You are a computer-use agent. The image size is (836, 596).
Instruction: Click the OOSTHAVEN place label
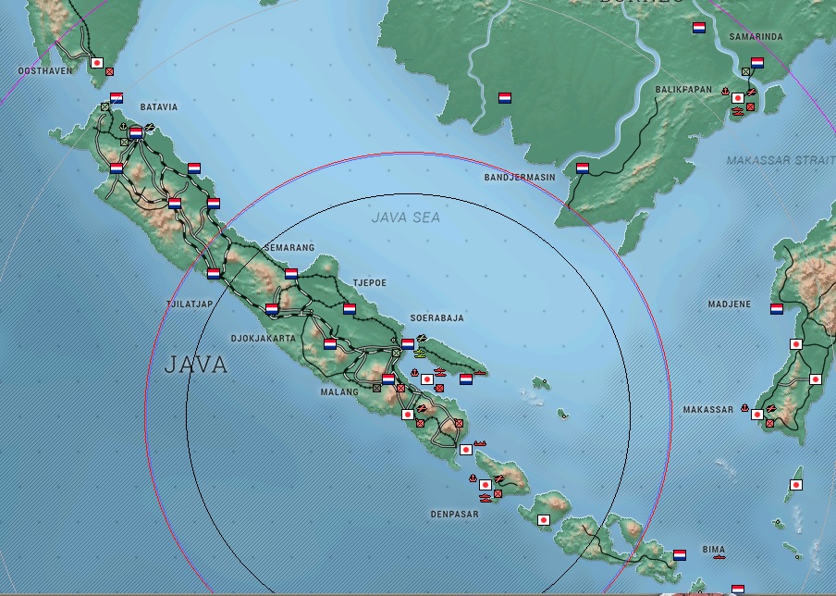coord(44,70)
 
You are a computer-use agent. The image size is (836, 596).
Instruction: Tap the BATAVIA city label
coord(158,107)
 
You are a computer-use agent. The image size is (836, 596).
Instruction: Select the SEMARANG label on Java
coord(289,248)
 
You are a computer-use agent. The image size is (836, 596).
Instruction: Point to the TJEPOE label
coord(369,282)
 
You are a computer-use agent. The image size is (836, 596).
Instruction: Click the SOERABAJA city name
coord(437,317)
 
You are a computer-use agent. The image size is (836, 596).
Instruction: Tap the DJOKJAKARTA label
coord(263,339)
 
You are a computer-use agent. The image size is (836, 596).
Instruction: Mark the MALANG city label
coord(340,392)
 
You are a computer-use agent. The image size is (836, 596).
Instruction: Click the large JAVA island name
coord(196,365)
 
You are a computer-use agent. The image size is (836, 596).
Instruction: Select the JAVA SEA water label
coord(406,218)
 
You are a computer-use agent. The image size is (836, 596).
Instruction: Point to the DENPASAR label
coord(454,515)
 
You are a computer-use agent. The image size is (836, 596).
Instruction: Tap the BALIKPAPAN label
coord(683,90)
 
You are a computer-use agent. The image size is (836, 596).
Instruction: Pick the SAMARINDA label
coord(756,37)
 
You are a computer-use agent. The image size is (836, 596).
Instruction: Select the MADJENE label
coord(730,304)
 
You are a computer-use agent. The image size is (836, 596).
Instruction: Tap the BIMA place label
coord(713,550)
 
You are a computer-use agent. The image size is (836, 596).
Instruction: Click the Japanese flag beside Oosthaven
coord(96,63)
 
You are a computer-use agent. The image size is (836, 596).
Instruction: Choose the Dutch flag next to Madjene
coord(776,309)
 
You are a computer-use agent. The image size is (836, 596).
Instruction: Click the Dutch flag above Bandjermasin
coord(583,168)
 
